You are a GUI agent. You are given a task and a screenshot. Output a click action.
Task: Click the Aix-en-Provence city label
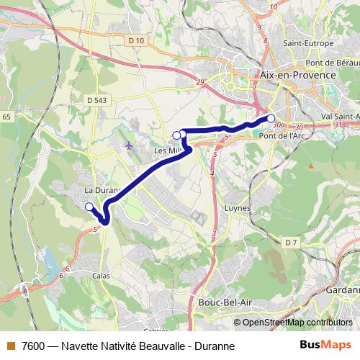pos(298,75)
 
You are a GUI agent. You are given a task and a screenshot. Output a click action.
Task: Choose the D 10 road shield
pos(134,41)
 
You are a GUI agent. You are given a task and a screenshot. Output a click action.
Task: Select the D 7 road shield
pos(290,242)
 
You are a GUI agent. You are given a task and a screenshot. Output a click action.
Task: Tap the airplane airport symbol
pos(129,145)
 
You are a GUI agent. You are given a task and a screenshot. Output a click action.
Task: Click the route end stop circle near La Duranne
pos(89,207)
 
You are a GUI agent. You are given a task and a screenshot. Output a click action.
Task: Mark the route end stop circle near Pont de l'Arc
pos(271,118)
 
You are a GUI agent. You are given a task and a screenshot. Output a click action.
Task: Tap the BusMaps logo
pos(325,346)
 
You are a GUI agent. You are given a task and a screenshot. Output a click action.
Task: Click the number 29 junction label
pos(199,81)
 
